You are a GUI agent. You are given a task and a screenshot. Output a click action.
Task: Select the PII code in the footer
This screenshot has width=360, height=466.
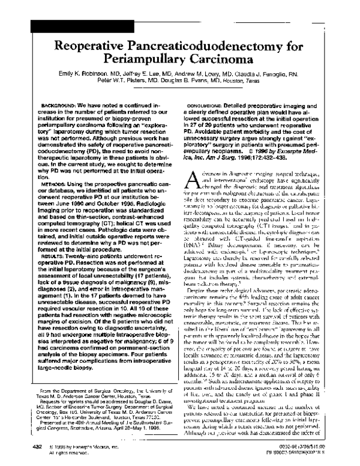pyautogui.click(x=313, y=454)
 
